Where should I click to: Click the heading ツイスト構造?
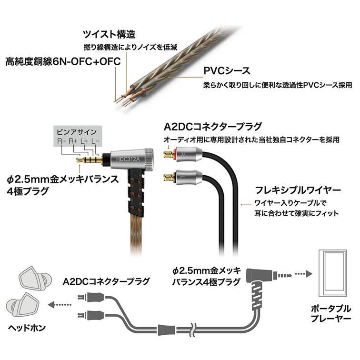109,34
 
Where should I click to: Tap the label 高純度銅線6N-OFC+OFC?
62,61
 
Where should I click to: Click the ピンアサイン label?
77,131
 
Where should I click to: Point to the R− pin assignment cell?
62,141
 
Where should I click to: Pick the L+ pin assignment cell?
84,141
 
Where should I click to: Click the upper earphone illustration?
31,280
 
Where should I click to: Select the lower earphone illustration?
21,306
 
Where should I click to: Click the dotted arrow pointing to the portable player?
301,274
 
